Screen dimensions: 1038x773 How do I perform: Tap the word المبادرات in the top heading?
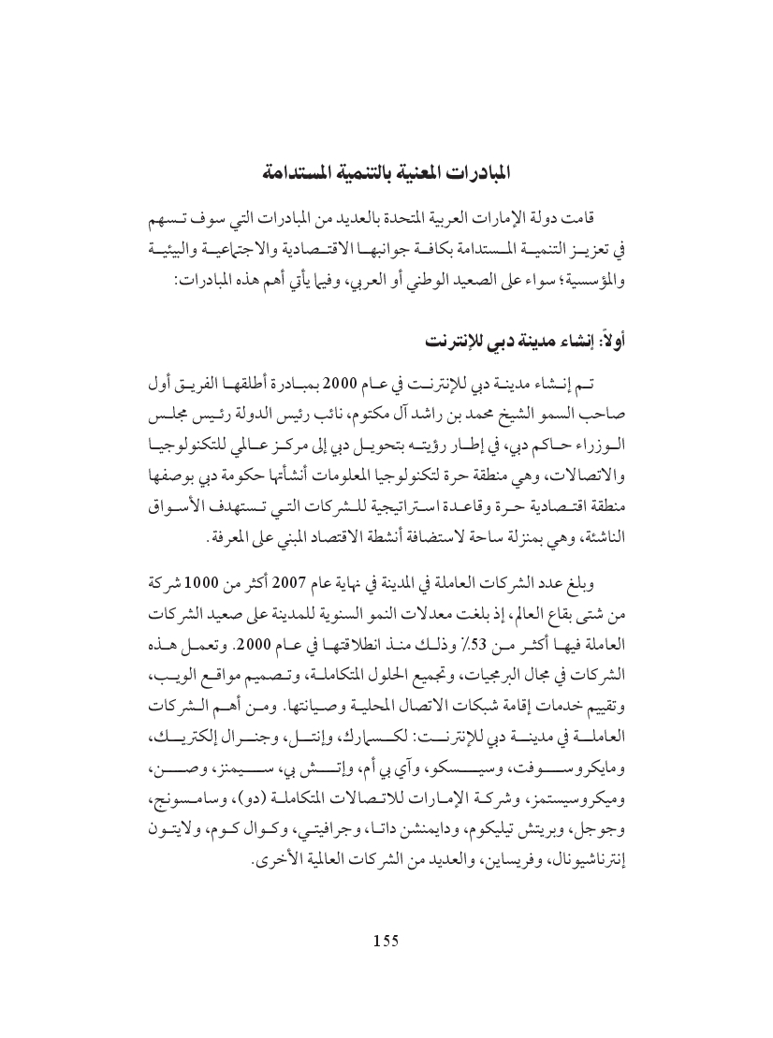[x=484, y=172]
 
